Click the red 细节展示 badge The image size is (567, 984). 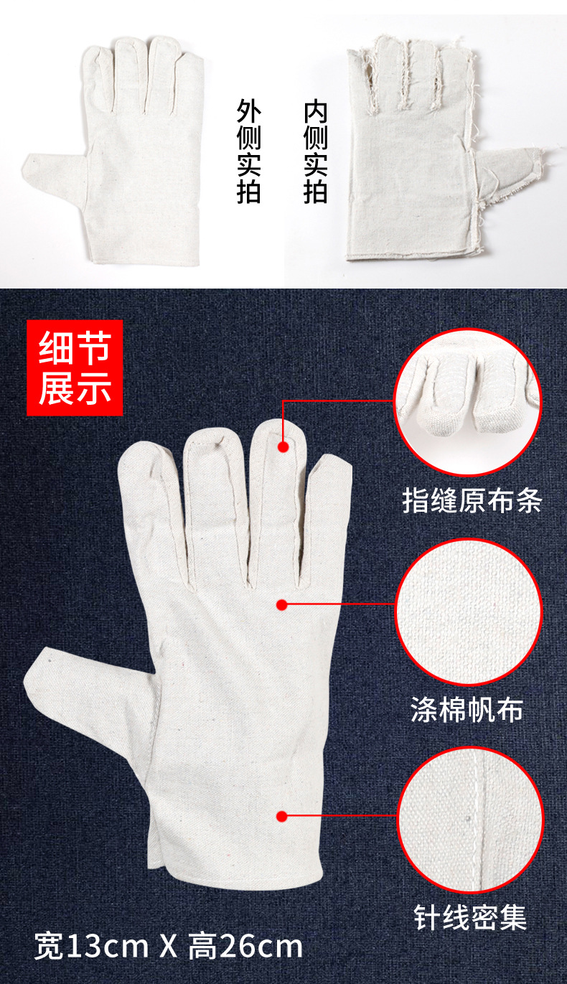click(x=75, y=367)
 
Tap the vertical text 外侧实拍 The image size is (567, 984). click(x=248, y=152)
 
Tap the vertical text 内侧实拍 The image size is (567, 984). click(x=315, y=152)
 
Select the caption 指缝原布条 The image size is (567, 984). click(x=472, y=501)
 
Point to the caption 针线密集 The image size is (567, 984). click(x=470, y=917)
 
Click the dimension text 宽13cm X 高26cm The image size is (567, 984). click(x=169, y=947)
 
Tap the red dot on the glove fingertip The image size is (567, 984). click(x=283, y=446)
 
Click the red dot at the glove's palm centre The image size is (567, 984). click(x=282, y=605)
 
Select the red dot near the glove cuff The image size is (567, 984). click(x=282, y=816)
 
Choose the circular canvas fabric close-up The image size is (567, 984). click(x=468, y=612)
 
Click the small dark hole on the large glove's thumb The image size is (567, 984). click(x=48, y=655)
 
